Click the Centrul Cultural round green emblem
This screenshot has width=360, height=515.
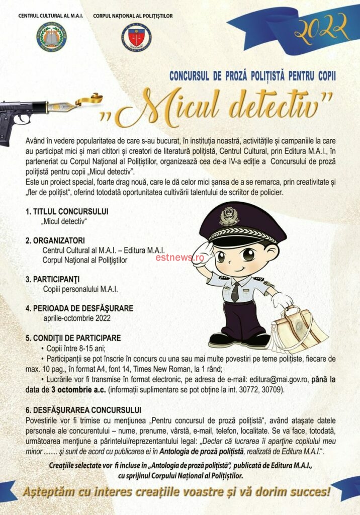(52, 37)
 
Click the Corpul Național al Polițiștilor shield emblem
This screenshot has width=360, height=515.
(136, 37)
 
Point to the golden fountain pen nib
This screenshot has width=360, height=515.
(62, 107)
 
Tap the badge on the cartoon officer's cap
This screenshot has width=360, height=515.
(229, 216)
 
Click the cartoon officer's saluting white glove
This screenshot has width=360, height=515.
(204, 252)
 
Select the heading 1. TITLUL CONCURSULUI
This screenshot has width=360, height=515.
(67, 211)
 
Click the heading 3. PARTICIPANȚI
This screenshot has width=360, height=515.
(53, 279)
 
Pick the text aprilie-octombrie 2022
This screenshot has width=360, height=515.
(77, 318)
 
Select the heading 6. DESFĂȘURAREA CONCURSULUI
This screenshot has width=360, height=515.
(83, 410)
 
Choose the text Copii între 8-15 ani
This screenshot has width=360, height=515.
(75, 348)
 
